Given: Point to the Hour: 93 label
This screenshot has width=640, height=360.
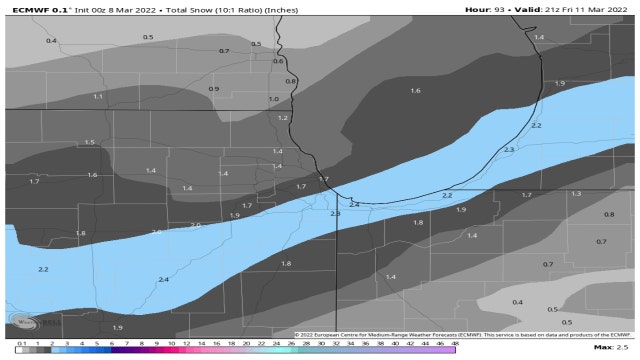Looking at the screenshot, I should [x=485, y=9].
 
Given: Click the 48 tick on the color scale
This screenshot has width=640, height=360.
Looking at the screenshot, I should [x=455, y=343].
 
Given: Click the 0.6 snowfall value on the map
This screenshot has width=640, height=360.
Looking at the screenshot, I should [x=278, y=61].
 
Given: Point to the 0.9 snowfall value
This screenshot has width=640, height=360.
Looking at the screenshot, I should [x=214, y=89].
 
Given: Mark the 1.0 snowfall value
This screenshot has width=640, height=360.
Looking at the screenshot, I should [x=273, y=99].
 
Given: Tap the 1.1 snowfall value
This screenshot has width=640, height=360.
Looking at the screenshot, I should [x=98, y=96].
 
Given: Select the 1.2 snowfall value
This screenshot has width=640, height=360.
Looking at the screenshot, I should [x=283, y=118].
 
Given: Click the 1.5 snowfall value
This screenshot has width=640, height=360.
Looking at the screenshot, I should [x=90, y=142].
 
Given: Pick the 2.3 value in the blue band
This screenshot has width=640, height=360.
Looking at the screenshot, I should [x=509, y=149].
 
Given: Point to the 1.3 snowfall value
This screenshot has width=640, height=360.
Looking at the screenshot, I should [x=576, y=193].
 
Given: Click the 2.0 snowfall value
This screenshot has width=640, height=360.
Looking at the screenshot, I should [x=196, y=225].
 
